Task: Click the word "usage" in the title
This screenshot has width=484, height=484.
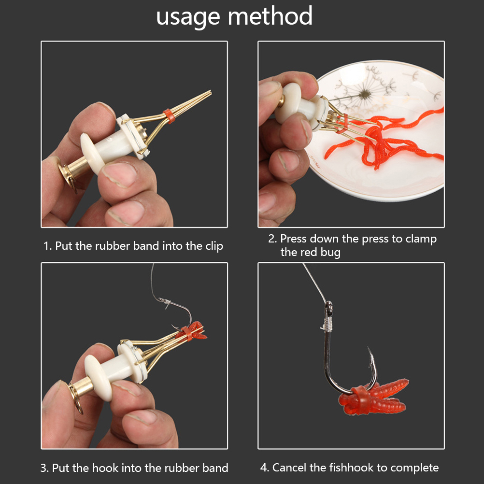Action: pos(188,17)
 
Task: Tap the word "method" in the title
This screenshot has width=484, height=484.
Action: pos(270,15)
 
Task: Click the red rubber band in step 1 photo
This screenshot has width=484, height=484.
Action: pos(169,116)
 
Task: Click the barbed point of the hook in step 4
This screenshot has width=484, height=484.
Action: pos(369,352)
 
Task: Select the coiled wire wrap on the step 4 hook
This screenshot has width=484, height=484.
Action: pos(328,325)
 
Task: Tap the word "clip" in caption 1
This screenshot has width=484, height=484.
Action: pos(214,246)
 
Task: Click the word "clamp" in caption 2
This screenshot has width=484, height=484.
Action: pos(421,239)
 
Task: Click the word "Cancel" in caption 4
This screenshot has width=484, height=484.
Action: pos(289,467)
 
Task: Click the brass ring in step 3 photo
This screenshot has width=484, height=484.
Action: pos(76,398)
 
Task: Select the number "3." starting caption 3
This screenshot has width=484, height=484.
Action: pos(45,468)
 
